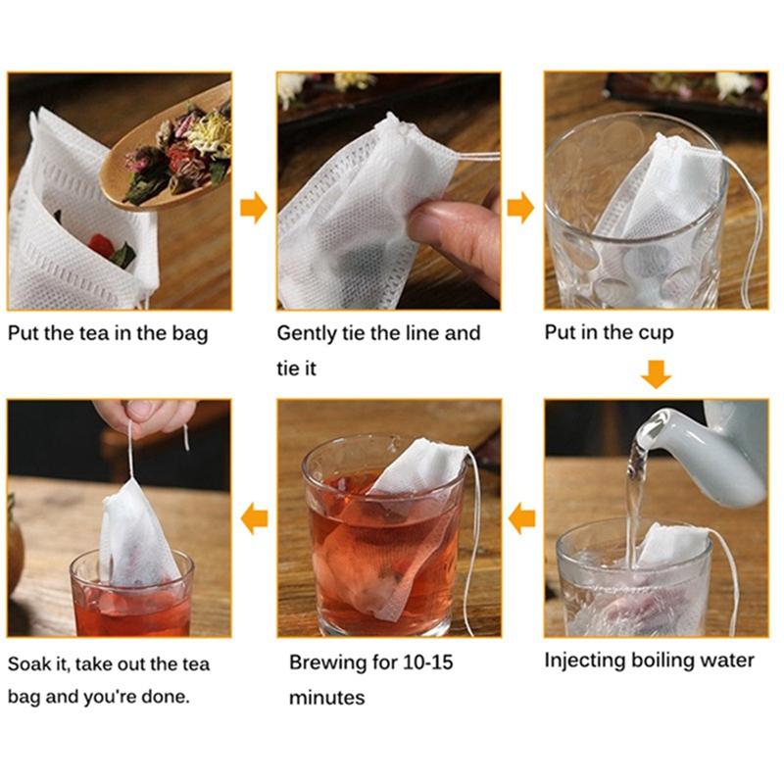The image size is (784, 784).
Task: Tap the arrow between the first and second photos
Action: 254,207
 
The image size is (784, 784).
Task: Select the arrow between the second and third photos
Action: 520,207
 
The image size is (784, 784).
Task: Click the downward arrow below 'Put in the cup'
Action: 656,373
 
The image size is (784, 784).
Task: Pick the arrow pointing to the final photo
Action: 254,517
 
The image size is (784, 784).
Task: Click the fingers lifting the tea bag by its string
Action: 147,416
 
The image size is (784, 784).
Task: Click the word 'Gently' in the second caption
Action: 308,333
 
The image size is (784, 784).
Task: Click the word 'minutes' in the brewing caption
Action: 326,699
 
